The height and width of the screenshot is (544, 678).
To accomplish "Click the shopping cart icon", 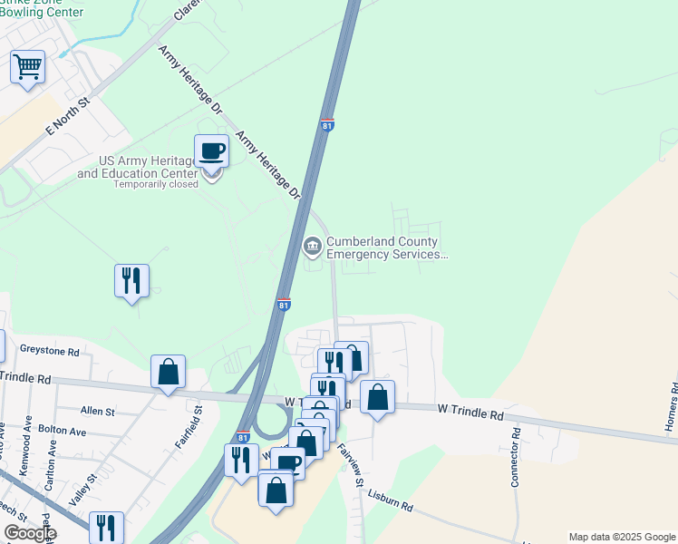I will [28, 67].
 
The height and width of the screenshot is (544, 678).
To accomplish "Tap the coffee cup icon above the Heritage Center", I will [211, 151].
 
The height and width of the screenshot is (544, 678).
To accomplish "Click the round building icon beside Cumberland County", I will [312, 245].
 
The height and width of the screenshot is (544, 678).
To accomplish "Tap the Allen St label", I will [97, 411].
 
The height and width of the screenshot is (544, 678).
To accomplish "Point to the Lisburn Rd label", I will [391, 500].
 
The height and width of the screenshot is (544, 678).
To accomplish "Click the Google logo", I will [30, 533].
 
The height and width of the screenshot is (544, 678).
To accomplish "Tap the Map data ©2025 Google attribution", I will [621, 537].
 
